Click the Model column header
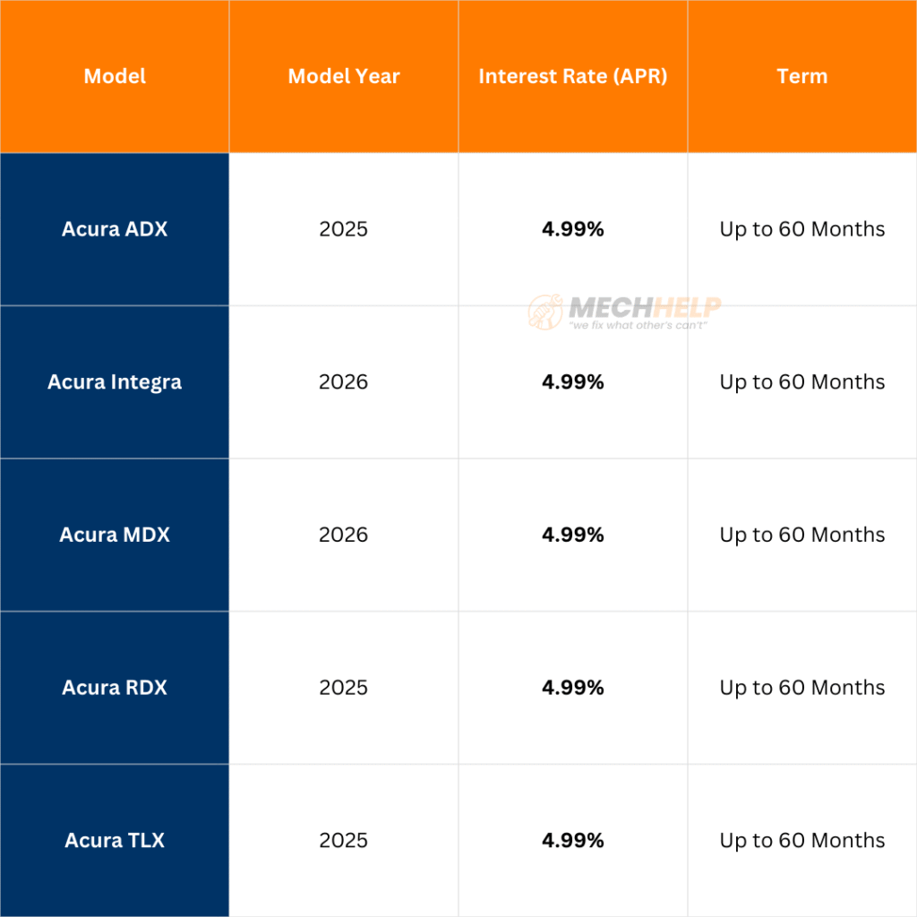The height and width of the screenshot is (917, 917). point(115,76)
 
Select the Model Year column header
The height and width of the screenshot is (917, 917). point(344,76)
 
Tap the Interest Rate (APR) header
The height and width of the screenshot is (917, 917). point(573,76)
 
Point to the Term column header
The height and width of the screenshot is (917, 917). point(802,76)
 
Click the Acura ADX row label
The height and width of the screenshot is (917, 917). point(115,229)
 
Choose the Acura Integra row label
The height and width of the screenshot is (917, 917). point(115,382)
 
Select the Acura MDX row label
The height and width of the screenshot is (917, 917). point(115,535)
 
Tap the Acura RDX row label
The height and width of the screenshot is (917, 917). point(115,688)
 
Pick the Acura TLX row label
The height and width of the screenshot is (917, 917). point(115,841)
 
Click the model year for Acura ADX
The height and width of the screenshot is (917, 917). point(344,229)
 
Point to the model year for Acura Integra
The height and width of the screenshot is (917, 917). point(344,382)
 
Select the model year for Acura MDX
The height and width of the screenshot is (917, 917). point(344,535)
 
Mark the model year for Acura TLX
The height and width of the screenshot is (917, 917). point(344,841)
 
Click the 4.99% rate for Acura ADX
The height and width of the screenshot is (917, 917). point(573,229)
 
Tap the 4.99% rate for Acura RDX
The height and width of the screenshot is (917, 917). point(573,688)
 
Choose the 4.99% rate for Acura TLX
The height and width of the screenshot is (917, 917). point(573,841)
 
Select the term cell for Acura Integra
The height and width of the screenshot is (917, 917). point(802,382)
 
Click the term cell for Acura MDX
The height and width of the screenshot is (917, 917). point(802,535)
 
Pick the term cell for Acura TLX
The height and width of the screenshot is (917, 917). point(802,841)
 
